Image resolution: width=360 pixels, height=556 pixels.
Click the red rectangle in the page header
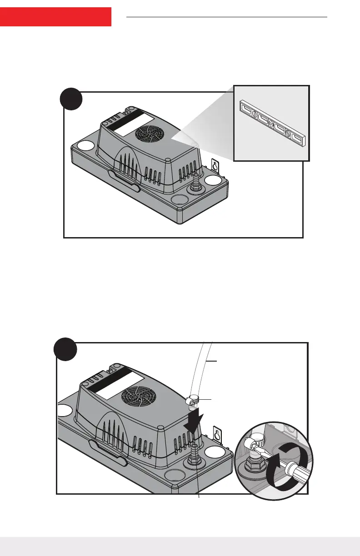55,17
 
